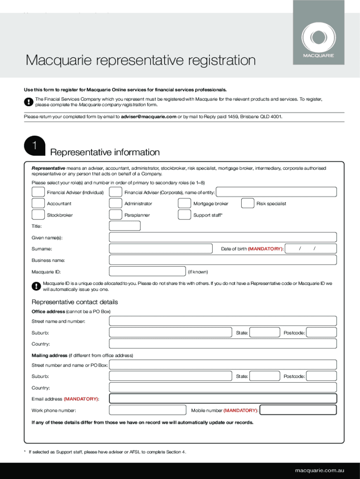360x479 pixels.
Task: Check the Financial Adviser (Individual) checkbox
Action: point(38,192)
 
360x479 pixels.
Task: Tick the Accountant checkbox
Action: point(38,203)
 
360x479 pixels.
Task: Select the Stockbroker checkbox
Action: point(38,215)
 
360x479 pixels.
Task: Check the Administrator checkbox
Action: point(115,203)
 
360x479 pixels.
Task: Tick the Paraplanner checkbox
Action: point(115,215)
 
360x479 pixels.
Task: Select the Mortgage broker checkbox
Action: point(185,203)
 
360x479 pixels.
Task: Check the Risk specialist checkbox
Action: point(248,203)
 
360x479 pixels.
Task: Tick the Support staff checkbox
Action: point(185,215)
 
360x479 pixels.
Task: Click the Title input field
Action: point(124,226)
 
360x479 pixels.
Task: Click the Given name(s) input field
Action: point(223,237)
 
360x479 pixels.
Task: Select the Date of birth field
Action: point(311,249)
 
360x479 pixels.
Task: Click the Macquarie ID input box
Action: point(147,271)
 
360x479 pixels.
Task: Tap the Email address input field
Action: point(223,399)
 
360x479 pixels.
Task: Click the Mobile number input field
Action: point(298,410)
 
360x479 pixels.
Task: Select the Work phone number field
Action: point(147,410)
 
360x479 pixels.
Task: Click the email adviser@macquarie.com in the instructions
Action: point(148,116)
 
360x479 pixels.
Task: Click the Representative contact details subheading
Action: point(74,302)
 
